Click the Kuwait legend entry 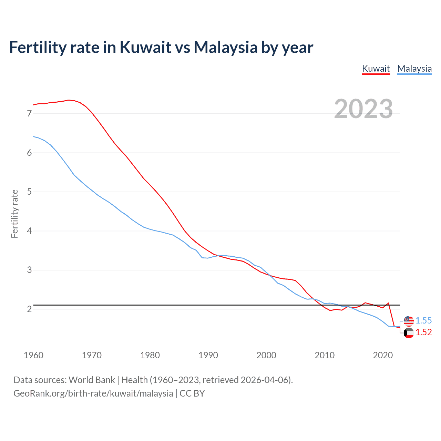376,69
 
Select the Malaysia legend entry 414,69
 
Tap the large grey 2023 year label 363,109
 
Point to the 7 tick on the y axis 29,113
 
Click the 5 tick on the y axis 29,192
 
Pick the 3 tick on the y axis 29,270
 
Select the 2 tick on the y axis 29,309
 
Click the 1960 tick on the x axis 33,355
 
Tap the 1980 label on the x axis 150,355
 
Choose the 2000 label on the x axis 266,355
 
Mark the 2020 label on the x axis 383,355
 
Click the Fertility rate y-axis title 14,214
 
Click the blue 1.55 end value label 423,320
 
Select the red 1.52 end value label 423,332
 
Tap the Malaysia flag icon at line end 409,320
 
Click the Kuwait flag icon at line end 409,333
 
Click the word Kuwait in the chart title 145,47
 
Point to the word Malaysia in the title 226,47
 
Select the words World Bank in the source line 92,380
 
